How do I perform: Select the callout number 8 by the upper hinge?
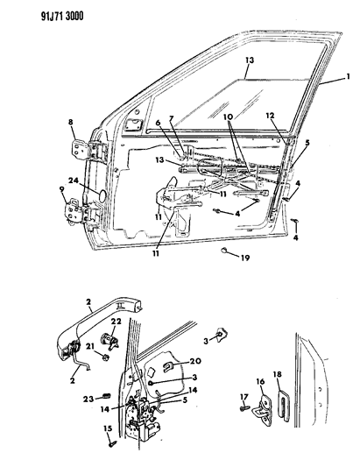[71, 122]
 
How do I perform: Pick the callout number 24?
[86, 181]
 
